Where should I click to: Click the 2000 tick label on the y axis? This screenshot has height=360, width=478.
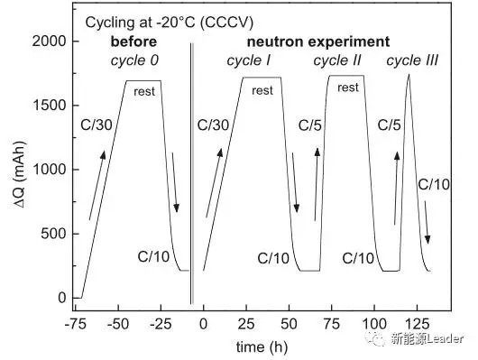pyautogui.click(x=49, y=41)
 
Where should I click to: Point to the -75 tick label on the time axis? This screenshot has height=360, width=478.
pyautogui.click(x=75, y=324)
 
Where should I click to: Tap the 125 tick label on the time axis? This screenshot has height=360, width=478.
pyautogui.click(x=417, y=324)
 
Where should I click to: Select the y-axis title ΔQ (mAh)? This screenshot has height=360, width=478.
pyautogui.click(x=20, y=175)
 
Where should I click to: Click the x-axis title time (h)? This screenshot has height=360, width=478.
pyautogui.click(x=262, y=346)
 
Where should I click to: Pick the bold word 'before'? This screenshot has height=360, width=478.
pyautogui.click(x=133, y=42)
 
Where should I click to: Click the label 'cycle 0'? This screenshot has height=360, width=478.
pyautogui.click(x=134, y=60)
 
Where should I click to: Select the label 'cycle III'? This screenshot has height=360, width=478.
pyautogui.click(x=412, y=60)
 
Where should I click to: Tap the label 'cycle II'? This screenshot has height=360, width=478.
pyautogui.click(x=337, y=60)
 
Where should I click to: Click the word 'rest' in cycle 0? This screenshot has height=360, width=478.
pyautogui.click(x=144, y=91)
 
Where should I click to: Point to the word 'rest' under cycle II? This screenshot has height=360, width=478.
pyautogui.click(x=348, y=88)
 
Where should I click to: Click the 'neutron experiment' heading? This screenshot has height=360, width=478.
pyautogui.click(x=318, y=42)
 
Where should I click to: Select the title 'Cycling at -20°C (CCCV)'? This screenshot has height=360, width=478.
pyautogui.click(x=170, y=23)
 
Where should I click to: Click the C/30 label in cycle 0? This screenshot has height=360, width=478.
pyautogui.click(x=97, y=125)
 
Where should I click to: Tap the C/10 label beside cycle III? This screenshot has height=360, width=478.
pyautogui.click(x=434, y=185)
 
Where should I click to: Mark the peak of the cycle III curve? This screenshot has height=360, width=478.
pyautogui.click(x=409, y=74)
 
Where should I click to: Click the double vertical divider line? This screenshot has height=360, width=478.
pyautogui.click(x=192, y=173)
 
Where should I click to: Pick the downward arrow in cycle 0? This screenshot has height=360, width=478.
pyautogui.click(x=174, y=182)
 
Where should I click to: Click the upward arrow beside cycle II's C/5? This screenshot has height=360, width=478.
pyautogui.click(x=317, y=184)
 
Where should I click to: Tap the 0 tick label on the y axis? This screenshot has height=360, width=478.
pyautogui.click(x=62, y=298)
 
